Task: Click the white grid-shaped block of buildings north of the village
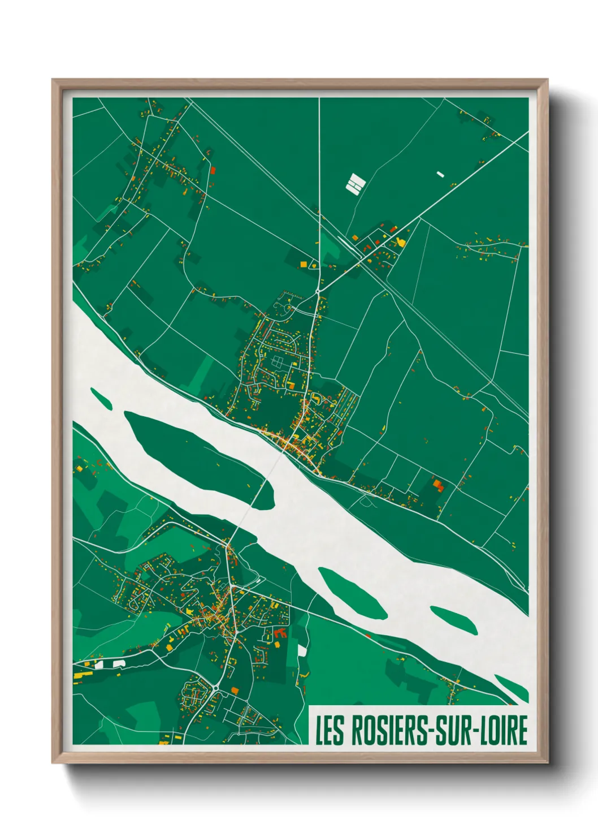[x=355, y=183]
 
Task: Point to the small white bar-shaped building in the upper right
[x=441, y=175]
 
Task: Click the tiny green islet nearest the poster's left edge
[x=101, y=398]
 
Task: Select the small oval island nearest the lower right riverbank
[x=453, y=620]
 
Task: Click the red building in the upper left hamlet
[x=213, y=169]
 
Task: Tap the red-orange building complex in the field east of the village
[x=438, y=484]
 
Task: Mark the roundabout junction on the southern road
[x=216, y=688]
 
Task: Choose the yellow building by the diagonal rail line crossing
[x=401, y=242]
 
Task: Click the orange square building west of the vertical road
[x=304, y=264]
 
